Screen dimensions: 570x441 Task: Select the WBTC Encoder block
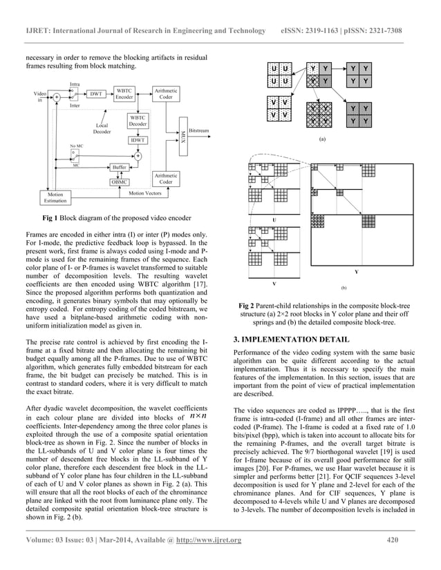(x=124, y=94)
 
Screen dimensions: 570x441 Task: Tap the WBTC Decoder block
(x=138, y=121)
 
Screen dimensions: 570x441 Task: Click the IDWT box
(x=138, y=140)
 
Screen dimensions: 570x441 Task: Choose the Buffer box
(x=120, y=168)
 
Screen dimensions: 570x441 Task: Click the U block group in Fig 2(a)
(x=280, y=75)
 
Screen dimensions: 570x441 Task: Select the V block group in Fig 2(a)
(x=280, y=108)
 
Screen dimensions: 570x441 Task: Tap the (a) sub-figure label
(x=322, y=139)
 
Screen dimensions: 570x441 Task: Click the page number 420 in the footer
(x=393, y=540)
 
